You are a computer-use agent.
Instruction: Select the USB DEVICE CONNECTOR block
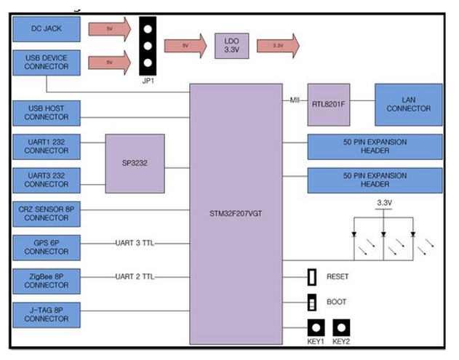47,63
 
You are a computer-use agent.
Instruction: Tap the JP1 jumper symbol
148,46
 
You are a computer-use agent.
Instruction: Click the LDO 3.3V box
231,45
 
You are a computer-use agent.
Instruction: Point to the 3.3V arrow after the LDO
277,45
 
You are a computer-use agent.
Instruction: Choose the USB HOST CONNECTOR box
47,113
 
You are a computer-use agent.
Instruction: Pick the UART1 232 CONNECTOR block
47,146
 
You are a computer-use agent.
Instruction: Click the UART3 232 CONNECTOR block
47,180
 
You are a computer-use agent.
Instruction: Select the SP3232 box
135,163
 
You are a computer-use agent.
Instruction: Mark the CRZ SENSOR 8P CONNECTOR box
47,213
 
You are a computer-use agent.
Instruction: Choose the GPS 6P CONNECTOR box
47,247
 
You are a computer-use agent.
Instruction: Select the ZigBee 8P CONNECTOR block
47,281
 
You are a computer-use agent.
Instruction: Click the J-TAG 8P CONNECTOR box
47,314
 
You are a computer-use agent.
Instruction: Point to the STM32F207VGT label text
236,214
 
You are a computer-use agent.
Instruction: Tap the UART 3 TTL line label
135,243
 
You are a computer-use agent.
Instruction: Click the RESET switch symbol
312,277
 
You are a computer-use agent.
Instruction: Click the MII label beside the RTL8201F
295,100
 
